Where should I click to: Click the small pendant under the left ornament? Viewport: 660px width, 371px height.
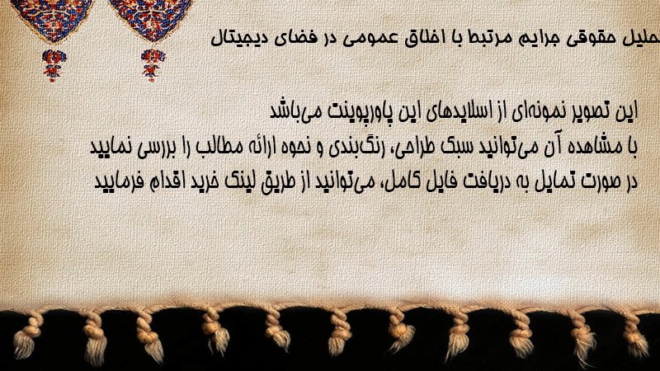tap(54, 65)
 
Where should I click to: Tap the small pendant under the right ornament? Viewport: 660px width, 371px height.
tap(153, 65)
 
